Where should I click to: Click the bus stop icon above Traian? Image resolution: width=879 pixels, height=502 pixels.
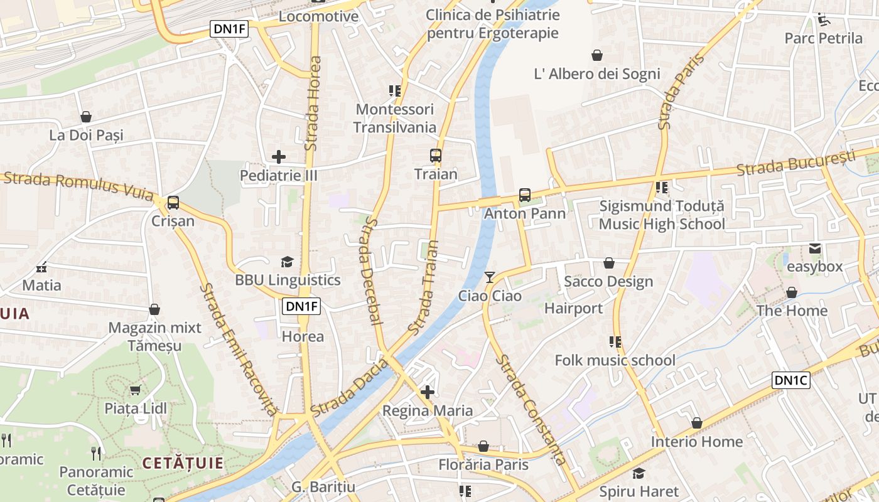tap(435, 155)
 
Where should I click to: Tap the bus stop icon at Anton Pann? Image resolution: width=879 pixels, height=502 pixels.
tap(525, 195)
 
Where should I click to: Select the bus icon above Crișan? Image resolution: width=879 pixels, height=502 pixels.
tap(173, 203)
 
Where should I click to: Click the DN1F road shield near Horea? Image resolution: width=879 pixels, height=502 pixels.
tap(302, 306)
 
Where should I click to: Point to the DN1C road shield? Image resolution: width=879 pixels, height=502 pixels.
tap(791, 380)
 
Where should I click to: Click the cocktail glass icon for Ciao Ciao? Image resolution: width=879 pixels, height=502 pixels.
tap(490, 277)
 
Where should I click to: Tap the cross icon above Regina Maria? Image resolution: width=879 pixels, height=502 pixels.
tap(428, 393)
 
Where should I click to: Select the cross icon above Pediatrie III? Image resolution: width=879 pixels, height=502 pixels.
tap(279, 157)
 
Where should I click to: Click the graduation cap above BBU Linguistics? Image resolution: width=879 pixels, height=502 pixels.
tap(287, 262)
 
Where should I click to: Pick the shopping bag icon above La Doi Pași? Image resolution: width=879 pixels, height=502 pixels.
tap(86, 117)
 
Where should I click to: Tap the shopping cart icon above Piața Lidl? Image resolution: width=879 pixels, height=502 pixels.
tap(135, 390)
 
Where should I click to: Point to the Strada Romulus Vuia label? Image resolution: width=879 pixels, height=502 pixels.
tap(78, 186)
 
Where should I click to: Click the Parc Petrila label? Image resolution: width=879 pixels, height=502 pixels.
tap(824, 38)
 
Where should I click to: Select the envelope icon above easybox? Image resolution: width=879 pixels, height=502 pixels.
tap(815, 248)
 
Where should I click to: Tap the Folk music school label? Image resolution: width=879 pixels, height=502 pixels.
tap(615, 360)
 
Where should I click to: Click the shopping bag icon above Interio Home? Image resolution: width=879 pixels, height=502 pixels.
tap(696, 424)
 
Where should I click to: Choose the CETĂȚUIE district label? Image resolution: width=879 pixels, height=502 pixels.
tap(183, 464)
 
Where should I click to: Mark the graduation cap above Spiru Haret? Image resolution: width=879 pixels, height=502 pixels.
tap(639, 473)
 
